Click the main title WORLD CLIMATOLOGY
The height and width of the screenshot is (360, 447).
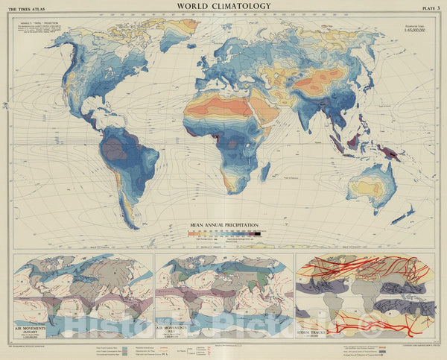coord(223,7)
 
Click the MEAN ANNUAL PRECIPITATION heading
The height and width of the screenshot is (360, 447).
coord(223,224)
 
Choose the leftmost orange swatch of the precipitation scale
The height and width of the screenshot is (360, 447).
coord(191,233)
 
